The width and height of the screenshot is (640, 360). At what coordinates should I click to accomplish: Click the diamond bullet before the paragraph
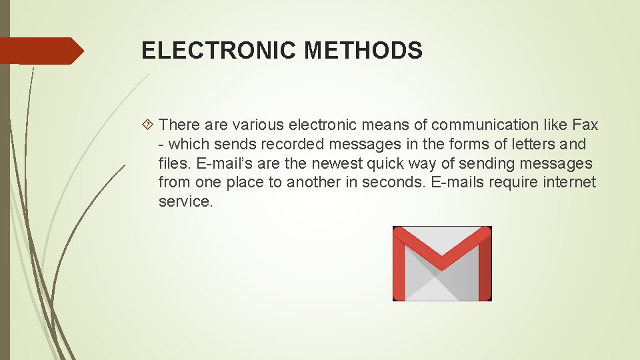[x=149, y=125]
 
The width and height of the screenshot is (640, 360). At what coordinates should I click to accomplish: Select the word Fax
[x=585, y=125]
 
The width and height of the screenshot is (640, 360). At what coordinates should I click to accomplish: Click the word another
[x=313, y=183]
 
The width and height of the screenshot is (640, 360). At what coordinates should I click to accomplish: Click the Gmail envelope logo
[x=441, y=263]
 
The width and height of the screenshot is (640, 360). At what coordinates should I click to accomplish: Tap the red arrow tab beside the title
[x=41, y=51]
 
